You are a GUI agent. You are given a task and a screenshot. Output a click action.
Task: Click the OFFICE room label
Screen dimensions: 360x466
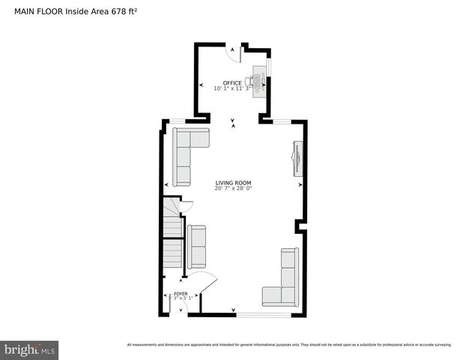232,82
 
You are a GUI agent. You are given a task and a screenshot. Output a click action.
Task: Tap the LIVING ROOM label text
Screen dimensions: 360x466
233,183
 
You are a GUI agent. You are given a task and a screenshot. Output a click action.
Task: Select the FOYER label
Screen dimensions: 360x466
181,293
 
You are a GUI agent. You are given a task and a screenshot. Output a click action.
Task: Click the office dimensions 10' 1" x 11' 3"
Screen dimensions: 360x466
233,88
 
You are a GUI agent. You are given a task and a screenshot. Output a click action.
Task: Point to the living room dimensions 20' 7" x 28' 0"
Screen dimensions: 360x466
233,189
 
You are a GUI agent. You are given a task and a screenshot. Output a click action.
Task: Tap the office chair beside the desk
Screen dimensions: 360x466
250,81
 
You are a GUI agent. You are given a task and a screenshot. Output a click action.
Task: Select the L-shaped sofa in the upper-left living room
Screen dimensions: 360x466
186,154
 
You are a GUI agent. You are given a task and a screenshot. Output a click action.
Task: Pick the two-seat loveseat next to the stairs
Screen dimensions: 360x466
197,247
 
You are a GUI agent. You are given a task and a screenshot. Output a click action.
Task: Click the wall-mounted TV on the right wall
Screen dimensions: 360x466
296,158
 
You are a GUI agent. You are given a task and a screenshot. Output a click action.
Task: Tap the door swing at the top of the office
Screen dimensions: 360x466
234,53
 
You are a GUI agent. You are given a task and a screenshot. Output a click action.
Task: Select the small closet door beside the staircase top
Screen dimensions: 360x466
188,205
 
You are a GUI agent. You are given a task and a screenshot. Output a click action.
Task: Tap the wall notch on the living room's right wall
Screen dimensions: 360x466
299,224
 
